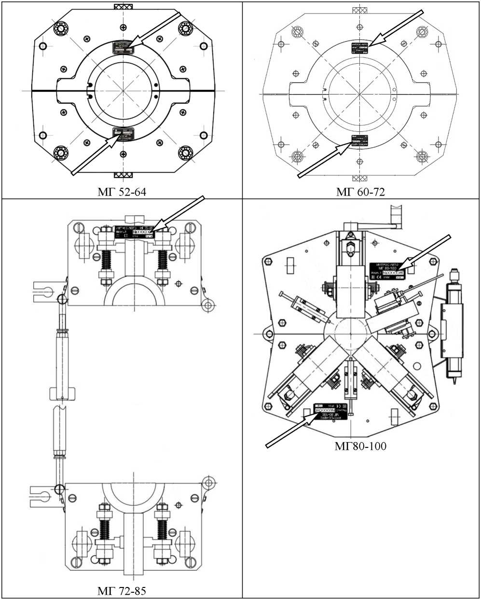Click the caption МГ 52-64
click(122, 192)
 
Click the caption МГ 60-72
click(361, 192)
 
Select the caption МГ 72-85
click(122, 591)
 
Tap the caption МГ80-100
click(360, 446)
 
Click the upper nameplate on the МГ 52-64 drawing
click(124, 47)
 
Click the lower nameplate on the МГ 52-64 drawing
click(124, 134)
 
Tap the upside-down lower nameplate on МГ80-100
click(332, 409)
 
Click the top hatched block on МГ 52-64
click(123, 8)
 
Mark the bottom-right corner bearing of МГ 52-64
click(185, 153)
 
